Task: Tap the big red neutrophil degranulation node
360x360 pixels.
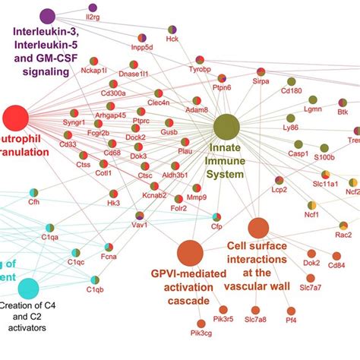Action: pos(15,119)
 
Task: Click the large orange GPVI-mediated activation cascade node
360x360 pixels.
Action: pos(190,253)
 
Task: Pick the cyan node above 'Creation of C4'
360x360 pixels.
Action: pos(29,289)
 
